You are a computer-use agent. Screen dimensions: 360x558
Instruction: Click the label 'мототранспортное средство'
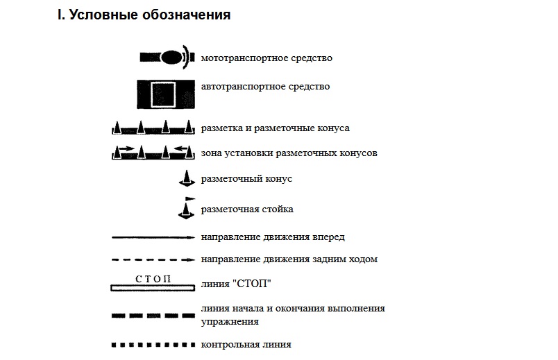click(267, 58)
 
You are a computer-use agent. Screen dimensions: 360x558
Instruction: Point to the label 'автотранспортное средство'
click(265, 87)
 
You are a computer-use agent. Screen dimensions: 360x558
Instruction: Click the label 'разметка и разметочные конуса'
click(275, 128)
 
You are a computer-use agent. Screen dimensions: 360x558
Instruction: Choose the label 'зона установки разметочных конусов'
click(289, 153)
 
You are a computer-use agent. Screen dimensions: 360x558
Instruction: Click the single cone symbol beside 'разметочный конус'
click(186, 179)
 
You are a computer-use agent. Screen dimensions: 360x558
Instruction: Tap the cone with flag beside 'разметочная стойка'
click(186, 208)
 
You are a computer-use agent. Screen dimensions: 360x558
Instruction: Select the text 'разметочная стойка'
click(247, 209)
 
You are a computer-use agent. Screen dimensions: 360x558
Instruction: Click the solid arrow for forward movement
click(153, 237)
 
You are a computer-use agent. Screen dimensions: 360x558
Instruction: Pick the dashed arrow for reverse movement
click(153, 260)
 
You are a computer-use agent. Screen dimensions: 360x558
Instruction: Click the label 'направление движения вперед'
click(273, 237)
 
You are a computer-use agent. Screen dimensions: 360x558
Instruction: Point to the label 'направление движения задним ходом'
click(289, 260)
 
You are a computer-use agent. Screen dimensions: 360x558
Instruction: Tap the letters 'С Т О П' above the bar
click(153, 278)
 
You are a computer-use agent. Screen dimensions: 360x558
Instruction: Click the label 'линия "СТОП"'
click(236, 284)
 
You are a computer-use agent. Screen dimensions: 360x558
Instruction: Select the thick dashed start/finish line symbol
click(153, 315)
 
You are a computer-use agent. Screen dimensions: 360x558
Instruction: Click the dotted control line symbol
click(153, 344)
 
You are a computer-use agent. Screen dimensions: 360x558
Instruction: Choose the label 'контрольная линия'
click(246, 344)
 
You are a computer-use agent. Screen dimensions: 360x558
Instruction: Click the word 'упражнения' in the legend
click(230, 321)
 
